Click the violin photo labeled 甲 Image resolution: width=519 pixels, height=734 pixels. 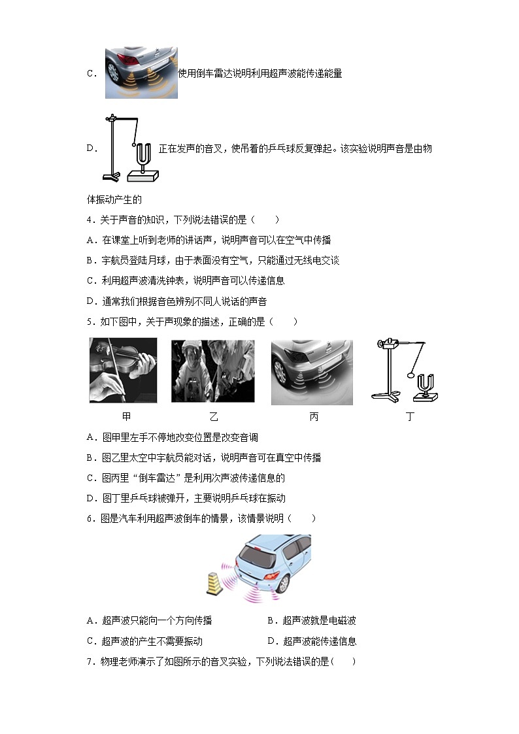[x=123, y=370]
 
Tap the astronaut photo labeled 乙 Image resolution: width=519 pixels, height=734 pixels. [x=212, y=371]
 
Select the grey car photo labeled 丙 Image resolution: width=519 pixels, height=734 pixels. [x=312, y=371]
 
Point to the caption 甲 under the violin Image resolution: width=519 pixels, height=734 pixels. [x=127, y=416]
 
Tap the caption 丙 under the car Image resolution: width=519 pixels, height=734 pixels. [x=314, y=416]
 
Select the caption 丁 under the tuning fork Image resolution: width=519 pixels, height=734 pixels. [x=410, y=416]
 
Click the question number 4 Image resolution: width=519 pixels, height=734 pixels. [x=89, y=220]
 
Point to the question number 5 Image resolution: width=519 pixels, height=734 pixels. [x=89, y=321]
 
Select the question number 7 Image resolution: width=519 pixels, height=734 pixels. [x=89, y=661]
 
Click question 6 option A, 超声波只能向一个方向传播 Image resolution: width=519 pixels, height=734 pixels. [x=150, y=621]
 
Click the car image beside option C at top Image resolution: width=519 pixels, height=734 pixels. [x=141, y=73]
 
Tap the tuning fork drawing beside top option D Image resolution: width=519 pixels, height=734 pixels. [x=131, y=150]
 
